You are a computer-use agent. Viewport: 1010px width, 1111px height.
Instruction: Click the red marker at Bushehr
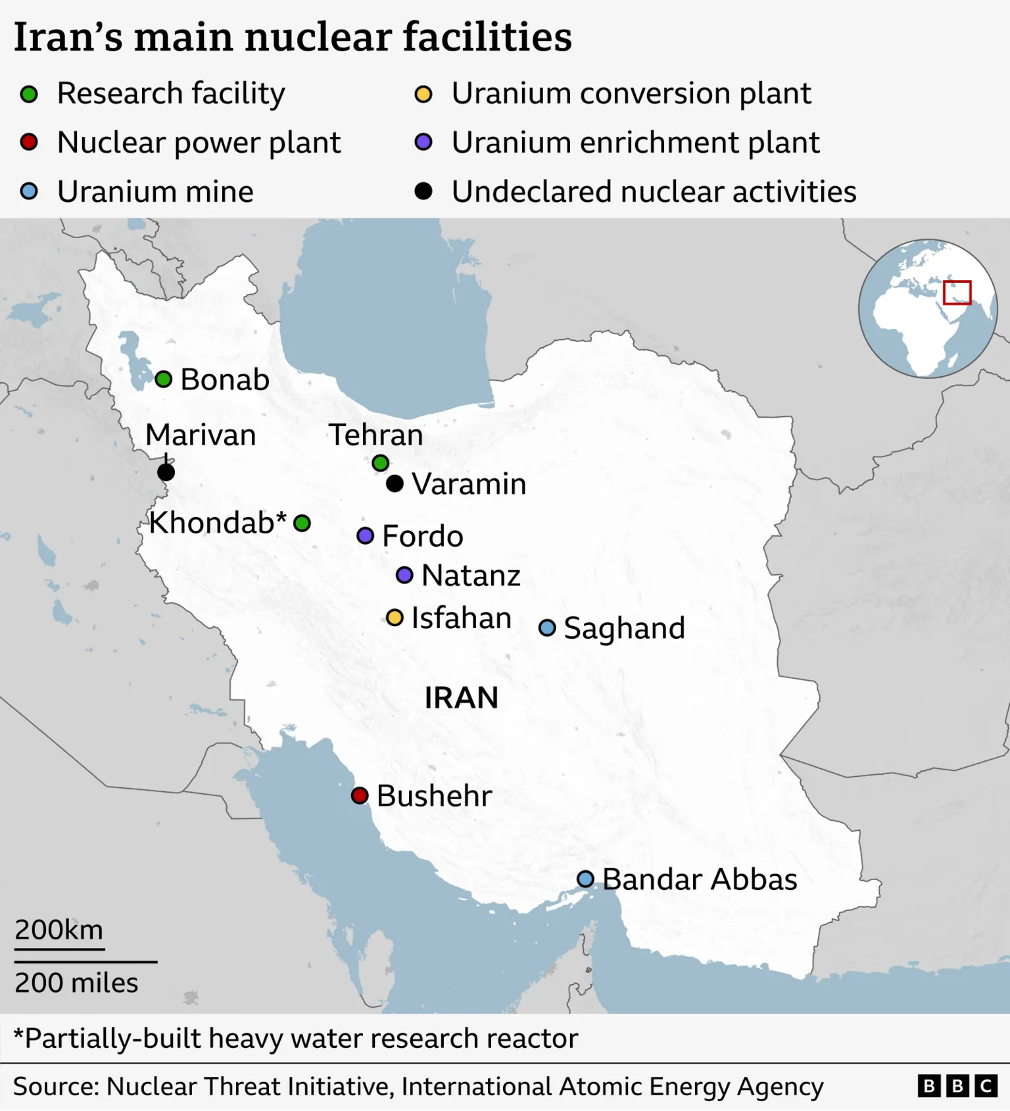point(359,795)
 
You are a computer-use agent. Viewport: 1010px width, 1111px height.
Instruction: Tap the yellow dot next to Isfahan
point(395,618)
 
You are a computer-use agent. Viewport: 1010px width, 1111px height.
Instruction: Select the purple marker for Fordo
point(366,535)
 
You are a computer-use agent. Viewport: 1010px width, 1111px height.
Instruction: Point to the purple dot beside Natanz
point(404,576)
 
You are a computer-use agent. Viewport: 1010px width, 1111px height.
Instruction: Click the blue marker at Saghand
point(547,628)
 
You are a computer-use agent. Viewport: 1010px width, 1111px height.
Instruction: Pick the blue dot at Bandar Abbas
point(585,879)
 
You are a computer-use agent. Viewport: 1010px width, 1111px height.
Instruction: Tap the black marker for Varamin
point(395,483)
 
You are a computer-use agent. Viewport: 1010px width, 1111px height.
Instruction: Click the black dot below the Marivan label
point(166,472)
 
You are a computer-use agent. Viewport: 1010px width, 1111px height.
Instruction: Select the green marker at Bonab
point(164,379)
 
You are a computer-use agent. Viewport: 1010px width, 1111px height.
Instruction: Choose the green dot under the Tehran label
point(380,463)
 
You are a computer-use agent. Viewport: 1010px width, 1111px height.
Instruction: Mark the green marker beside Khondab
point(302,523)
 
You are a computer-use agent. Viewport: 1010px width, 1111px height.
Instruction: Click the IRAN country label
point(461,697)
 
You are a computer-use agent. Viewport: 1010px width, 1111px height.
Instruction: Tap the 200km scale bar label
point(59,929)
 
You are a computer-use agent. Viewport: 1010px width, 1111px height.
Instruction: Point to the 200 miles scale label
point(76,983)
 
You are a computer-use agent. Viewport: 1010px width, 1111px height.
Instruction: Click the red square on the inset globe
point(957,293)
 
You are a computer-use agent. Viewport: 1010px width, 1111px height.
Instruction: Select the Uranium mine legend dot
point(29,191)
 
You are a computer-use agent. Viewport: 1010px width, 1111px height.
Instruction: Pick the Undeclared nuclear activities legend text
point(654,191)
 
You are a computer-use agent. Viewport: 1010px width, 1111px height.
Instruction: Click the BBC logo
point(957,1085)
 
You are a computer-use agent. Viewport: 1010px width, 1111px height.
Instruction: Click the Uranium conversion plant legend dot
point(423,94)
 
